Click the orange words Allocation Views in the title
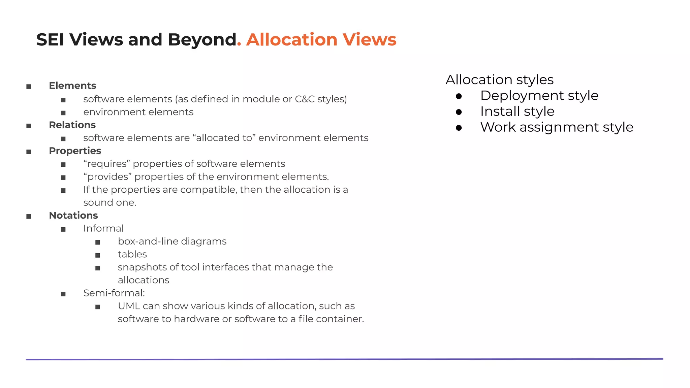pos(321,40)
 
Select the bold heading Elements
pos(72,86)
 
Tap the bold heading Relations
pos(72,125)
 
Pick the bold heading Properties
pos(75,151)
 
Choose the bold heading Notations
pos(73,216)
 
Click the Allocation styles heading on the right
pos(499,80)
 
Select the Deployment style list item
pos(539,96)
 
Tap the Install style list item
pos(517,111)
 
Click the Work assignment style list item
pos(557,127)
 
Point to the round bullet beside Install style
pos(459,112)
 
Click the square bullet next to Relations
pos(29,126)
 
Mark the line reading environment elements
pos(138,112)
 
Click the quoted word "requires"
pos(107,164)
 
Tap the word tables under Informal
pos(132,254)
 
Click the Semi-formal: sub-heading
pos(114,293)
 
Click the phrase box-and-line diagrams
pos(172,241)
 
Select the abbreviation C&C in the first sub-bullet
pos(305,99)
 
